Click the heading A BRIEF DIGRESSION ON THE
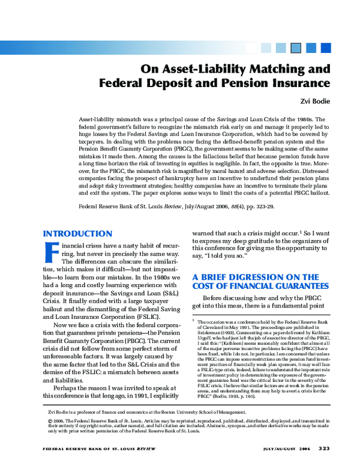pyautogui.click(x=256, y=277)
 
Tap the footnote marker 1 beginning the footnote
pyautogui.click(x=194, y=322)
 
